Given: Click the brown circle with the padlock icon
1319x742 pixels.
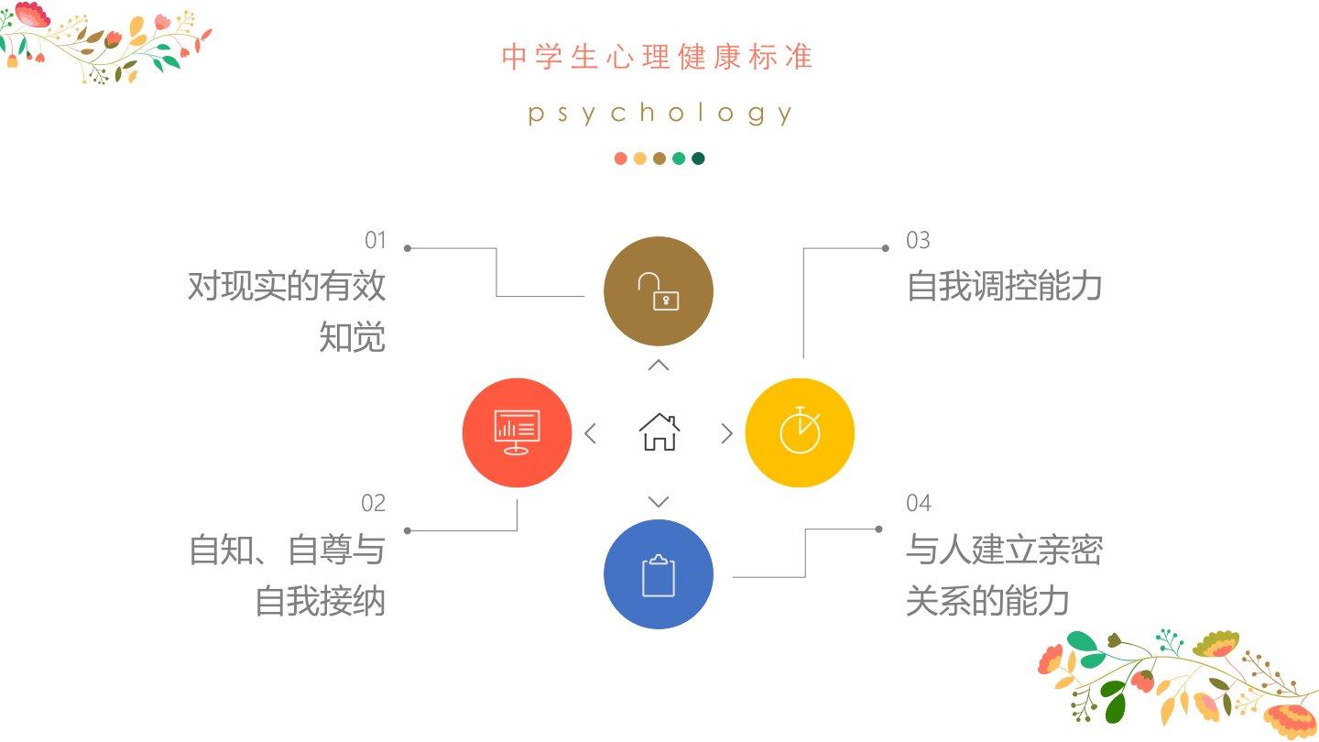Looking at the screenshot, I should pyautogui.click(x=658, y=291).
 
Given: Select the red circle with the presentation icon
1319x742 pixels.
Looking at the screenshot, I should pyautogui.click(x=517, y=432).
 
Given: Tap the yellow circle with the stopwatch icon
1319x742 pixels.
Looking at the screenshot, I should pyautogui.click(x=800, y=432).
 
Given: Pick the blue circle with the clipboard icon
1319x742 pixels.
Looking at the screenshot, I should pyautogui.click(x=658, y=574).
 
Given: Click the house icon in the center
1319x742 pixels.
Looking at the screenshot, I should pyautogui.click(x=659, y=432).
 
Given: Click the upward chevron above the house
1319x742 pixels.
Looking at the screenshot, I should pyautogui.click(x=659, y=366).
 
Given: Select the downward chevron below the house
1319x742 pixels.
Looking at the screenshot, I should pyautogui.click(x=659, y=502).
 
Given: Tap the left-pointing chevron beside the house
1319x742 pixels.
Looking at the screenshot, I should pyautogui.click(x=590, y=433).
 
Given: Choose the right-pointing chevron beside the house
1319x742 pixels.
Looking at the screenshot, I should pyautogui.click(x=727, y=433).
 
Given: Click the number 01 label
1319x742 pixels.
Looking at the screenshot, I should pyautogui.click(x=376, y=241).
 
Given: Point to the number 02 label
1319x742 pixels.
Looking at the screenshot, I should pyautogui.click(x=373, y=503).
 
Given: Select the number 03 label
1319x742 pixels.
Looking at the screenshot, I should pyautogui.click(x=918, y=241).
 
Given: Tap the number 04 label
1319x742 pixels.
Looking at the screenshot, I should pyautogui.click(x=919, y=503).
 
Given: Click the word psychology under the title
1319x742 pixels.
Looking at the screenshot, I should pyautogui.click(x=659, y=114).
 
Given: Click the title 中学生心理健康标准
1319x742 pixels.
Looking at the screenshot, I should pyautogui.click(x=658, y=57).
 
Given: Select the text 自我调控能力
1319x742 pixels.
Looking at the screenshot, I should pyautogui.click(x=1004, y=287).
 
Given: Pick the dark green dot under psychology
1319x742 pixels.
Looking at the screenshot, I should pyautogui.click(x=698, y=158).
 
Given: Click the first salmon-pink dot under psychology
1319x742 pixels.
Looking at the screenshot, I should pyautogui.click(x=620, y=158).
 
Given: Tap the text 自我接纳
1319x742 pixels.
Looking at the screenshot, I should pyautogui.click(x=320, y=602).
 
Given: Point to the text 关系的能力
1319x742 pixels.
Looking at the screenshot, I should pyautogui.click(x=987, y=602).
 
